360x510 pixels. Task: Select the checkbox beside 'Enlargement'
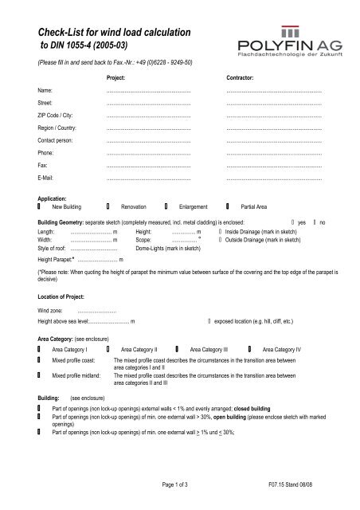[166, 206]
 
